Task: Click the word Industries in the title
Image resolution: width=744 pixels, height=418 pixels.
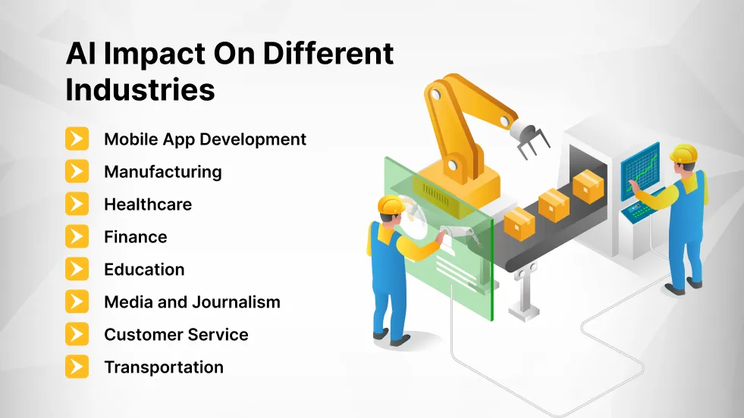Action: pyautogui.click(x=140, y=89)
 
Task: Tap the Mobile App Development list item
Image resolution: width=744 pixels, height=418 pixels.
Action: pyautogui.click(x=205, y=139)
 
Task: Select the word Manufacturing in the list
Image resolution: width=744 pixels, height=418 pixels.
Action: pyautogui.click(x=162, y=172)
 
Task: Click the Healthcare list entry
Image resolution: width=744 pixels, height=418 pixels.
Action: pyautogui.click(x=148, y=204)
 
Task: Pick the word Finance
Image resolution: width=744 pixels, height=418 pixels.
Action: pyautogui.click(x=135, y=237)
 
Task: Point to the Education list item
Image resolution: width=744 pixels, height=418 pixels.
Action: pyautogui.click(x=144, y=270)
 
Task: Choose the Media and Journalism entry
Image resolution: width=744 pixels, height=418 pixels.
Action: pyautogui.click(x=192, y=302)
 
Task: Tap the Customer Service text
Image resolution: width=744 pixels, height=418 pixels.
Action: pyautogui.click(x=176, y=335)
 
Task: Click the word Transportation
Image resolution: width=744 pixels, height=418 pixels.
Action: pyautogui.click(x=163, y=367)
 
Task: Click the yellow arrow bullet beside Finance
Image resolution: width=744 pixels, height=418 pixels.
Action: pyautogui.click(x=77, y=237)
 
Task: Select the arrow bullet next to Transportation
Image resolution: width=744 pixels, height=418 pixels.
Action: pyautogui.click(x=77, y=367)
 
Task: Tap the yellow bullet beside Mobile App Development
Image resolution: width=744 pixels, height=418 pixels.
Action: pyautogui.click(x=77, y=139)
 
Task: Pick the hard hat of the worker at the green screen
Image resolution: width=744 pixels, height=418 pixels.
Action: pyautogui.click(x=391, y=204)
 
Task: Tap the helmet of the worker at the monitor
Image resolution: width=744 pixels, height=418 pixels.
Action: pyautogui.click(x=683, y=153)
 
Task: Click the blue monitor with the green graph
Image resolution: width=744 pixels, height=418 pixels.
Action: pyautogui.click(x=640, y=171)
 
